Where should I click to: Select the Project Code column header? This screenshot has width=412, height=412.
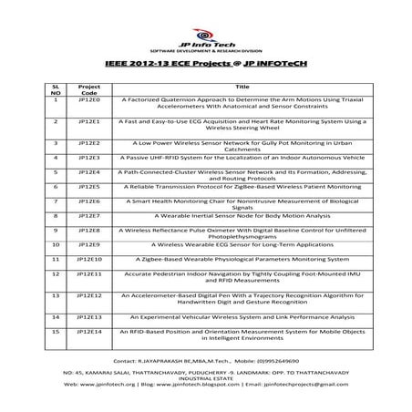pos(89,88)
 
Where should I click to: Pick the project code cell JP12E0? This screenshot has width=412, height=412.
pos(89,101)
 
